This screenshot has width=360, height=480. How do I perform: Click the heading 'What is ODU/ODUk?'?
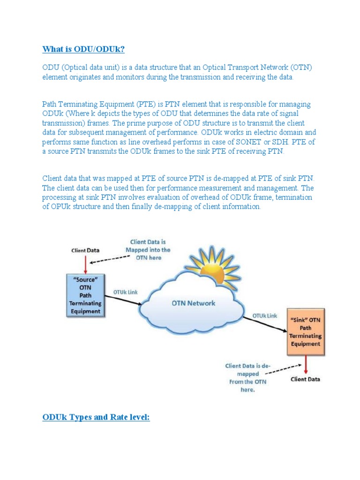(x=83, y=49)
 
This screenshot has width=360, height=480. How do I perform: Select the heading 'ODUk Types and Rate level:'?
(x=96, y=417)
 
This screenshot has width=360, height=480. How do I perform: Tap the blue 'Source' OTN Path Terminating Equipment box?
(x=85, y=294)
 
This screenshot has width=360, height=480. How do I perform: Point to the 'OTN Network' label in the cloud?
(x=193, y=303)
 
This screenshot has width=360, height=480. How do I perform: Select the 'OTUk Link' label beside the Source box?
(x=126, y=292)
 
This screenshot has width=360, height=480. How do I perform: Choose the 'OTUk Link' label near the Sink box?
(x=265, y=315)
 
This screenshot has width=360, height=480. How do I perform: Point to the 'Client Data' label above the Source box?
(x=85, y=250)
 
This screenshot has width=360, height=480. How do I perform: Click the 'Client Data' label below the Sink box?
(x=306, y=379)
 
